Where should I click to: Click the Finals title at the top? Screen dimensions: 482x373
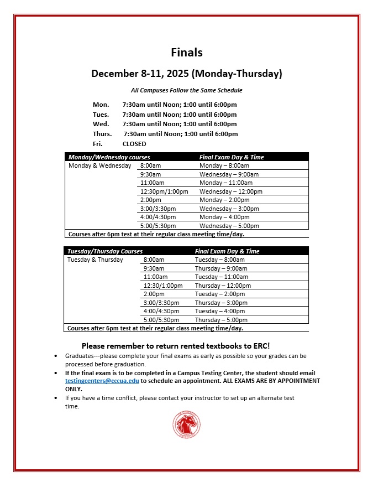(187, 53)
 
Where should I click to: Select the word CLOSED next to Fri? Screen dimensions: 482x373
(134, 144)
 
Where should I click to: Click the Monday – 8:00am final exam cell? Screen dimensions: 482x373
(224, 165)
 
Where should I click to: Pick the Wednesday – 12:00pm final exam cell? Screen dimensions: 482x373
(230, 191)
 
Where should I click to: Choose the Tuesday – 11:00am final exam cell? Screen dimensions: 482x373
(221, 277)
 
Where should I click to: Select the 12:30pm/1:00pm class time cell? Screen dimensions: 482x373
(164, 191)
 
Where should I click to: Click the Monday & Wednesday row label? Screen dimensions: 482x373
(100, 165)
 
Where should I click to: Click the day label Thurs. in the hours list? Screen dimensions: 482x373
(102, 134)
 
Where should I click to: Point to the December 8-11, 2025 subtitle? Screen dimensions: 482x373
(187, 74)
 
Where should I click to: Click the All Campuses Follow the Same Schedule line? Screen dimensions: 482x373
(187, 90)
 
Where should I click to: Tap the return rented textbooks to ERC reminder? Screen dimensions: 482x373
(176, 345)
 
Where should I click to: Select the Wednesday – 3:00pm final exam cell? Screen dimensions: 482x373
(229, 209)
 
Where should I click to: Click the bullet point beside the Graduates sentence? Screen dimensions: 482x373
(56, 356)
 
